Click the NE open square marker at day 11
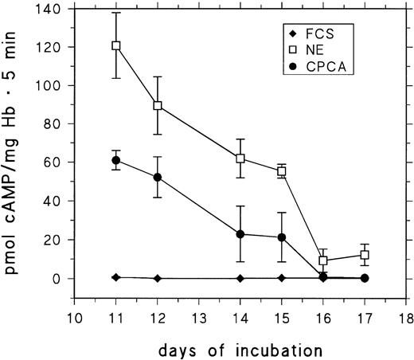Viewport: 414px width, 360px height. [x=116, y=45]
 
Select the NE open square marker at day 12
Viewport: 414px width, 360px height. [x=158, y=105]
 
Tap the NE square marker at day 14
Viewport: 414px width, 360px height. [x=240, y=158]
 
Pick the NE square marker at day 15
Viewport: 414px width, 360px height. [x=282, y=171]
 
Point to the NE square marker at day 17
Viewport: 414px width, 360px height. [x=365, y=255]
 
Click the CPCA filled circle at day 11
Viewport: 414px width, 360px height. [x=116, y=160]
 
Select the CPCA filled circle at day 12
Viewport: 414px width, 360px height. [x=158, y=177]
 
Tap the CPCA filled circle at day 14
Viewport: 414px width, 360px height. [x=240, y=234]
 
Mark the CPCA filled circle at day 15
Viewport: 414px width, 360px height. [x=282, y=237]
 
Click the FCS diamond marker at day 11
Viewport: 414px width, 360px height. [x=116, y=276]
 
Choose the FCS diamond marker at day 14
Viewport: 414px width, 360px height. [x=240, y=278]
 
